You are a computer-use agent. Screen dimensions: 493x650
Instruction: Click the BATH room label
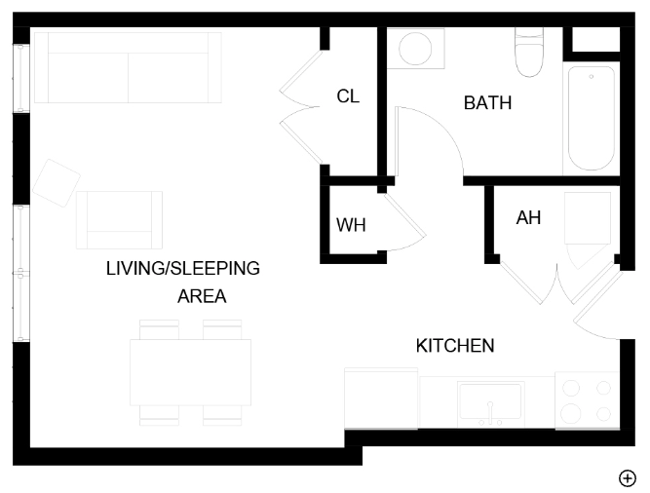click(487, 102)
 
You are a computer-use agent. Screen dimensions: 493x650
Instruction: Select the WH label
click(351, 225)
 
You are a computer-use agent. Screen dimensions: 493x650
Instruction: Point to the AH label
click(528, 218)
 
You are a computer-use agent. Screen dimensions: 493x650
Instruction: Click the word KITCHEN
click(455, 345)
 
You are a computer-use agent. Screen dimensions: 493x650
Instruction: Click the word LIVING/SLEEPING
click(182, 268)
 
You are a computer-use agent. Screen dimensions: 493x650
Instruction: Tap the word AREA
click(202, 296)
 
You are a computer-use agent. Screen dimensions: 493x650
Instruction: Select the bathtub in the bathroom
click(591, 119)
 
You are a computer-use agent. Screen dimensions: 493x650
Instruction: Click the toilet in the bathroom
click(530, 54)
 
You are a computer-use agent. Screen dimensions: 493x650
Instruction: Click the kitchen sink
click(490, 401)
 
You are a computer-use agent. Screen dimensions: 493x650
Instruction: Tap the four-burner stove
click(587, 400)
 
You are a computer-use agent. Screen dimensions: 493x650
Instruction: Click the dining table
click(190, 372)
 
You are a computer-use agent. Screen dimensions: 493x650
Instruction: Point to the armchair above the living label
click(119, 219)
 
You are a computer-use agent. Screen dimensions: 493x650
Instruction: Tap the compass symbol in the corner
click(628, 476)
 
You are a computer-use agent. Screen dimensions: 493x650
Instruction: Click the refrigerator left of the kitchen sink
click(381, 398)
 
